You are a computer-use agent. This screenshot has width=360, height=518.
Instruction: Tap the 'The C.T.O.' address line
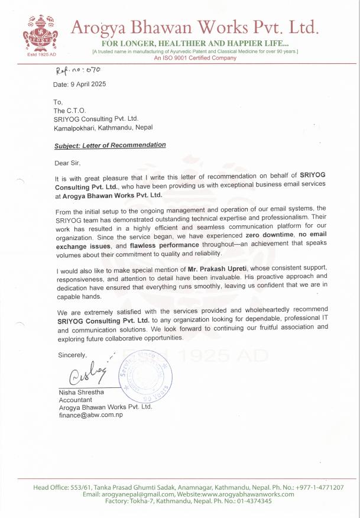70,111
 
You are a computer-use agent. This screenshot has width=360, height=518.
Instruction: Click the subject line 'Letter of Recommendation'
110,145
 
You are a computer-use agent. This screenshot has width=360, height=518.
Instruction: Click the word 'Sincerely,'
72,355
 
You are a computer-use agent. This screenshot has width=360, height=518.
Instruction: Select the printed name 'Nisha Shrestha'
81,393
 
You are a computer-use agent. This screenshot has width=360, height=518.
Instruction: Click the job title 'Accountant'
75,400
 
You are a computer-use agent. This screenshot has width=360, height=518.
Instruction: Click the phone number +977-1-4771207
320,487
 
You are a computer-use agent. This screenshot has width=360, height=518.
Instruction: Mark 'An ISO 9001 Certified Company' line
195,58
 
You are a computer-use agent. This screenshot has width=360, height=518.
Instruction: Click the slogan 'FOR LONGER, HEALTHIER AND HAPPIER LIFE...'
195,44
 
